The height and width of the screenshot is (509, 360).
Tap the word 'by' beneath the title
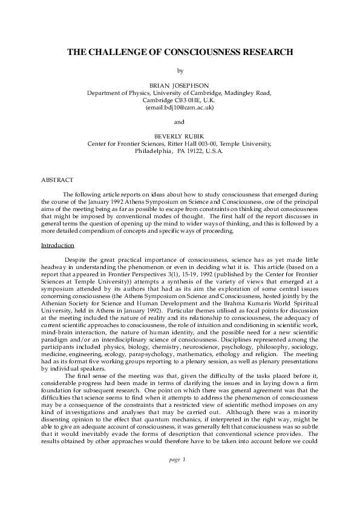click(x=180, y=71)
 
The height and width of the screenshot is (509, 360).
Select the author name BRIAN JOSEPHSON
click(x=180, y=86)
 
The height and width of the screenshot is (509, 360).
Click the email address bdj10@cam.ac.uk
click(x=187, y=108)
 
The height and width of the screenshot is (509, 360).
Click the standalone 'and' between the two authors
click(x=180, y=122)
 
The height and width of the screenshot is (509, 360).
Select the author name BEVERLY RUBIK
click(x=180, y=137)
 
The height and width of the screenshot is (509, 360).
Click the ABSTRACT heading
click(x=57, y=180)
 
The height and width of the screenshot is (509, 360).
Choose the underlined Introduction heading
click(x=57, y=245)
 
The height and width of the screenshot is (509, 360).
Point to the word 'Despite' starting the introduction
click(x=76, y=260)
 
